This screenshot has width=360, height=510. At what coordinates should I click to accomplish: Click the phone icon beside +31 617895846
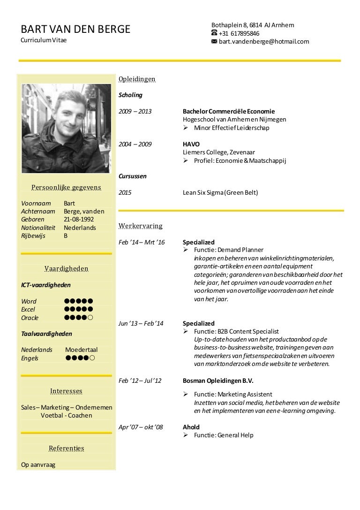pos(214,33)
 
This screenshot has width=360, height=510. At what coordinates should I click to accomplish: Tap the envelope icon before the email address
pos(214,41)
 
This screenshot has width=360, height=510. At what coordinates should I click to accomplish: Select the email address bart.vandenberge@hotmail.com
pos(264,41)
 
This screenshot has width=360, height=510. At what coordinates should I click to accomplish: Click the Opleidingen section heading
pos(137,79)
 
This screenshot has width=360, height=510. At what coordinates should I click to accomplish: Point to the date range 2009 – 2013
pos(135,112)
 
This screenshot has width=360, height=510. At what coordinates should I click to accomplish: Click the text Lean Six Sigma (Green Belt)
pos(220,192)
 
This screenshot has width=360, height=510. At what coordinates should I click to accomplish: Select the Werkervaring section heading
pos(141,226)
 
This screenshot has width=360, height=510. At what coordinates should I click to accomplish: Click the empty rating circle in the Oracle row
pos(90,318)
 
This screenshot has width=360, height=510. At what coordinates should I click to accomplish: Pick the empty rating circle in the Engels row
pos(92,358)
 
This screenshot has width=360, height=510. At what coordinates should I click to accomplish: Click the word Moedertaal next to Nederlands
pos(82,350)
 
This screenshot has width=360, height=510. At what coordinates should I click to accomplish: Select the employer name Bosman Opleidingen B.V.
pos(218,381)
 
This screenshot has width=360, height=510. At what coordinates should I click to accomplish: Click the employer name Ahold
pos(191,427)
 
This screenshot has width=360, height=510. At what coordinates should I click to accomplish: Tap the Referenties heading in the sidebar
pos(66,448)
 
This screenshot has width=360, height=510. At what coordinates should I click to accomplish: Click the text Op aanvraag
pos(38,465)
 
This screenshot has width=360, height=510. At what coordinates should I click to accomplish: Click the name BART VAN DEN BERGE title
pos(75,30)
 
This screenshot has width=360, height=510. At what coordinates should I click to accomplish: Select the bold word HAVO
pos(191,144)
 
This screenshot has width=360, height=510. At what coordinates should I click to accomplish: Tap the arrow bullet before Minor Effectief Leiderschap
pos(186,128)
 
